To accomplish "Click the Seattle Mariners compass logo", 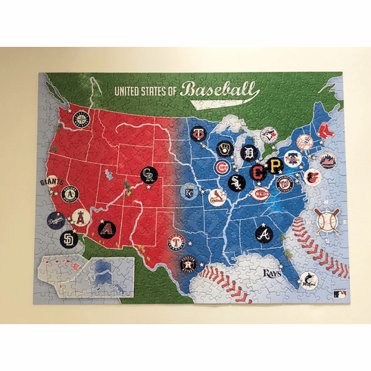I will coord(81,119).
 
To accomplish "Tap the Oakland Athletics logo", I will coord(70,196).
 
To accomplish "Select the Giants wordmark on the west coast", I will coord(50,182).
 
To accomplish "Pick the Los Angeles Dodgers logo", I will coord(55,221).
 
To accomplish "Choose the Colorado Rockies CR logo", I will coord(149,176).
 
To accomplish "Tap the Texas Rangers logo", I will coord(176,243).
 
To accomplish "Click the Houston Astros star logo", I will coord(189,264).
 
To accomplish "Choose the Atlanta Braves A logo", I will coord(264,233).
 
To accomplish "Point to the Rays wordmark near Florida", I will coord(271,272).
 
